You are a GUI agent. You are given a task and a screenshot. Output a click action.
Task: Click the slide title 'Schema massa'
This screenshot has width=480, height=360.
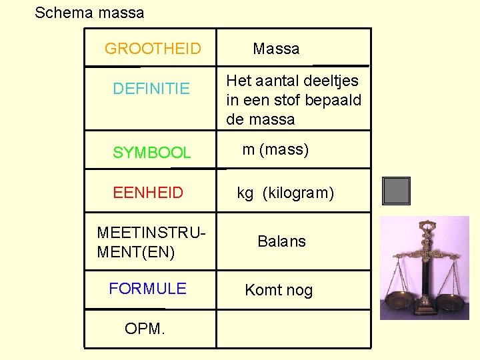point(89,13)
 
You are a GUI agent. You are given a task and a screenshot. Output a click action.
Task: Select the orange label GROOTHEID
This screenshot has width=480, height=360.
point(153,49)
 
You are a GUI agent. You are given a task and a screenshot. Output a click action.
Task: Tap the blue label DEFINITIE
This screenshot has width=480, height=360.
point(151,88)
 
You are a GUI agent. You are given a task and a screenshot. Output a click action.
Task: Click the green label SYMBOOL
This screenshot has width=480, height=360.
point(151,153)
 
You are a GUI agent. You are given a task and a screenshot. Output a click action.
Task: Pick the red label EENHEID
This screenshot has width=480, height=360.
point(148,193)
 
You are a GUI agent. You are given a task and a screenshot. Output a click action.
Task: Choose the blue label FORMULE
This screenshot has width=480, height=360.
point(147,289)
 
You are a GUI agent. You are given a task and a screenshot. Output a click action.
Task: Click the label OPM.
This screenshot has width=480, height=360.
point(145,329)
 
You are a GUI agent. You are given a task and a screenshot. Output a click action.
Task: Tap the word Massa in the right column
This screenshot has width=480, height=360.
point(276,49)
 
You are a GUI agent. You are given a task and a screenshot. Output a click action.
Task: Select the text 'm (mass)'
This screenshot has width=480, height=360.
point(275,149)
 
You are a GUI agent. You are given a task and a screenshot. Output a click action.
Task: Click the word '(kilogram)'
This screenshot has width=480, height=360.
point(298,193)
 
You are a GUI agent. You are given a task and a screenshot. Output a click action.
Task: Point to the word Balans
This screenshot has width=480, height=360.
point(281,241)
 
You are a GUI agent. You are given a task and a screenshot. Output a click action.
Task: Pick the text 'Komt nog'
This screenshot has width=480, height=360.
point(279,290)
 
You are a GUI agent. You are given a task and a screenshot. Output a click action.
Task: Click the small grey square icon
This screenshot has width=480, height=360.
point(396,191)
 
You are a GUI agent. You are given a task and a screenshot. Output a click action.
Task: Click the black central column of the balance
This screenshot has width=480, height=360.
point(425,280)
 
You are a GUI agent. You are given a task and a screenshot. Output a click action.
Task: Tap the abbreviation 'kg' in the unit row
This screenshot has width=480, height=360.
point(245,193)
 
